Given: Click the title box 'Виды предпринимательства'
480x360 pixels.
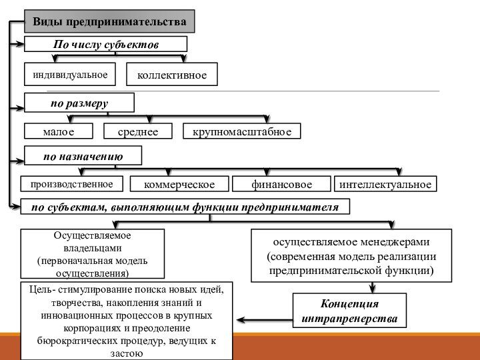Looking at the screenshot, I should tap(110, 21).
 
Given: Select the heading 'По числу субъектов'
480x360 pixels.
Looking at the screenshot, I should tap(106, 45).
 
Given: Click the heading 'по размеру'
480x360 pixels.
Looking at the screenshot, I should tap(79, 103).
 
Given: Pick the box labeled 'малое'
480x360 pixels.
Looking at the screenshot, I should tap(58, 131).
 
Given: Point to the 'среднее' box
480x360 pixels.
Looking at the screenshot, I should tap(138, 131).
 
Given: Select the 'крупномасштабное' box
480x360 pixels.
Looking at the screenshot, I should tap(242, 131).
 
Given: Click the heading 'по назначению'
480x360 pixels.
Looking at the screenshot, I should tap(83, 157).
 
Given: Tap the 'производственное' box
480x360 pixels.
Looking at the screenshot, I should tap(72, 183).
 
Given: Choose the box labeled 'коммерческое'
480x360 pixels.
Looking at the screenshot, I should tap(179, 183).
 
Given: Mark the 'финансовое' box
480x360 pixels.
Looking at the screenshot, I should tap(282, 183).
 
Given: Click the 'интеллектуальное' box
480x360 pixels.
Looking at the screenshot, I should tap(385, 183).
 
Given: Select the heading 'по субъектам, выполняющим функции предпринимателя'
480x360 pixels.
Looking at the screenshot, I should tap(185, 207).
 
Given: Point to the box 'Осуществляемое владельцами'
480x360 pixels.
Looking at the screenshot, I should tap(93, 254).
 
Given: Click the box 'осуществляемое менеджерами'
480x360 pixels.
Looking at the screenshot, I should tap(351, 255).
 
